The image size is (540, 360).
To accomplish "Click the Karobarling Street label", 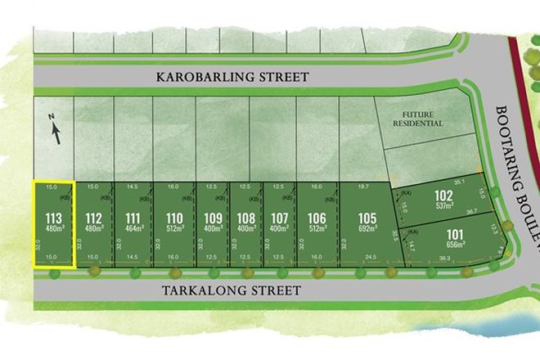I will click(232, 77).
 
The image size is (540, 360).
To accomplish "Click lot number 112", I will click(93, 218).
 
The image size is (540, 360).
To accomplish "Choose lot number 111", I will click(133, 218).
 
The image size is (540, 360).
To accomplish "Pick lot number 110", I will click(173, 218).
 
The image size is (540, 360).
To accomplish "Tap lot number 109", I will click(213, 218).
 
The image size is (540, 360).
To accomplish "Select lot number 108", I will click(246, 218).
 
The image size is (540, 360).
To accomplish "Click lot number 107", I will click(280, 218).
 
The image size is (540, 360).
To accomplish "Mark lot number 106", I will click(317, 218).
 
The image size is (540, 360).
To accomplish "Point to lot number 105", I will click(367, 218).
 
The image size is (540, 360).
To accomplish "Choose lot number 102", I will click(444, 196).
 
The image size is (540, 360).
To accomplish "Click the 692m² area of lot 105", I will click(367, 228).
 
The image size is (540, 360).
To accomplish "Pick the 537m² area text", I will click(444, 206).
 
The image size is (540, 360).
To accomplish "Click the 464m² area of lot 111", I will click(133, 228).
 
